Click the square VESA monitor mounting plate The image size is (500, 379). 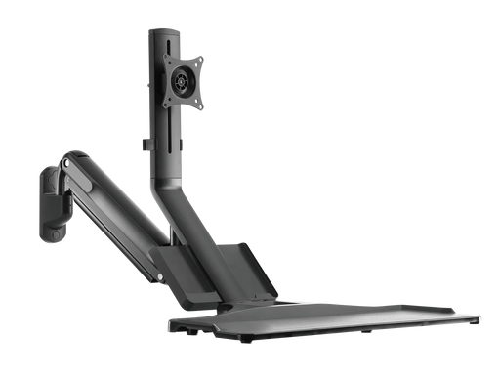181,79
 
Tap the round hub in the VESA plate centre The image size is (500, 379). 181,79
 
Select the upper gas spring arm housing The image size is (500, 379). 103,180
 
